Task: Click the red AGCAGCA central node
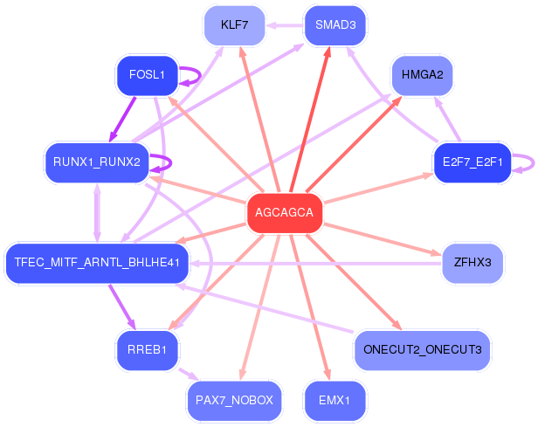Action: (x=285, y=213)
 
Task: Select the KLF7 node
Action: (x=234, y=25)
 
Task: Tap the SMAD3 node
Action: (x=335, y=25)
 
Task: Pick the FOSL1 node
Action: (x=148, y=75)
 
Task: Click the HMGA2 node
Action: (x=422, y=75)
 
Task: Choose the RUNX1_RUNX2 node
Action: (x=97, y=162)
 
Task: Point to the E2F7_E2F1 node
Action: (x=472, y=162)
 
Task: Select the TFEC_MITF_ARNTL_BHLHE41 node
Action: (x=97, y=263)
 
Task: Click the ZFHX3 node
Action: (x=472, y=263)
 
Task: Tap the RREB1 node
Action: (x=148, y=350)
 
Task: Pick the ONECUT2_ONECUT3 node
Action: (x=422, y=350)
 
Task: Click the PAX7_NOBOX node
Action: (x=234, y=400)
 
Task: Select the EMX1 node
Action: (x=335, y=400)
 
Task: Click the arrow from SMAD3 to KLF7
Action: (x=285, y=25)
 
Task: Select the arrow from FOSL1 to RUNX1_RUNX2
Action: (x=122, y=120)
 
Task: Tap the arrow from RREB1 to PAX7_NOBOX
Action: (x=189, y=375)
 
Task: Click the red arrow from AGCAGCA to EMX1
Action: (x=310, y=307)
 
